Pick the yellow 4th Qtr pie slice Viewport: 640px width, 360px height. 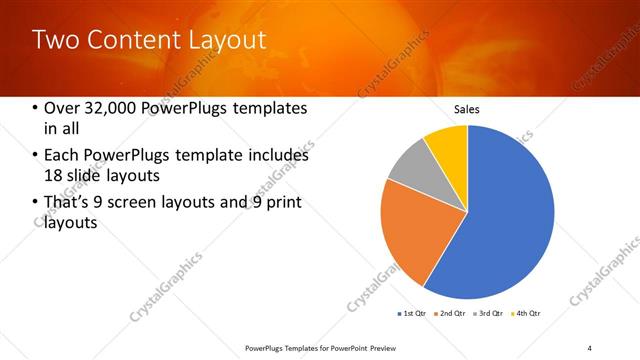point(448,146)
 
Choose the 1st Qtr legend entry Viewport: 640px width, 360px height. point(412,313)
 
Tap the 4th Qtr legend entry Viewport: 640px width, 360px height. point(526,313)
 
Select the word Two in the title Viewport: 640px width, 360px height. point(54,40)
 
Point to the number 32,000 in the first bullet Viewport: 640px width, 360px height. point(113,108)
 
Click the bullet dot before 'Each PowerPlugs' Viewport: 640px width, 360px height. point(36,156)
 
